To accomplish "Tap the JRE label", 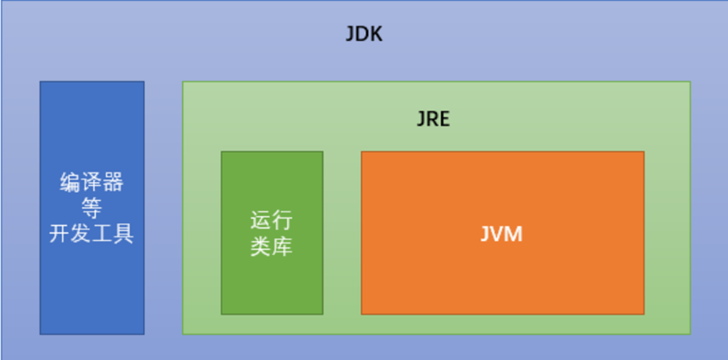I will pyautogui.click(x=433, y=119).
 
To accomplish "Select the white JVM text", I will pyautogui.click(x=501, y=235).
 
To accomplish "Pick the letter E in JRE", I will pyautogui.click(x=444, y=119).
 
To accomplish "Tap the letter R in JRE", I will pyautogui.click(x=433, y=119).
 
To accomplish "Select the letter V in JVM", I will pyautogui.click(x=500, y=235).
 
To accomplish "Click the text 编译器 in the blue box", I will pyautogui.click(x=92, y=184).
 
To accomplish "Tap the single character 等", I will pyautogui.click(x=92, y=209).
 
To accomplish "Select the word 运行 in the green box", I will pyautogui.click(x=271, y=220).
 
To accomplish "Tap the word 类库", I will pyautogui.click(x=271, y=246).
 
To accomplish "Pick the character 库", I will pyautogui.click(x=282, y=246).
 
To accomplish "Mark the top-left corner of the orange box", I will pyautogui.click(x=362, y=152).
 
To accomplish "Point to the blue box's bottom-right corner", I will pyautogui.click(x=143, y=334).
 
